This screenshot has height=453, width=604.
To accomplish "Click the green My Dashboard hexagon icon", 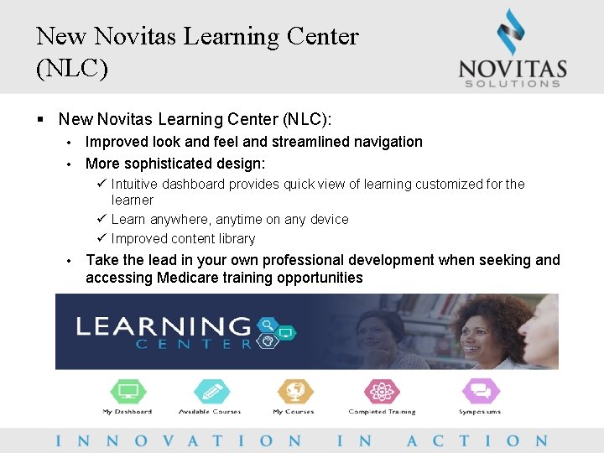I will [128, 392].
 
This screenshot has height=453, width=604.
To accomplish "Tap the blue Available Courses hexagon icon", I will [210, 392].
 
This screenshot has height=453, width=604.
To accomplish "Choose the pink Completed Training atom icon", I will [382, 392].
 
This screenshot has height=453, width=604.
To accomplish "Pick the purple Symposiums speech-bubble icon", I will [480, 392].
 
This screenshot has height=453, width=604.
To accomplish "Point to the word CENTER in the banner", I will [195, 343].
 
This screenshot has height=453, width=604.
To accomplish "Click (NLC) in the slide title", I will [72, 68].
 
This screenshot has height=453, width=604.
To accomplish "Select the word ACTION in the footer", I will [476, 440].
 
